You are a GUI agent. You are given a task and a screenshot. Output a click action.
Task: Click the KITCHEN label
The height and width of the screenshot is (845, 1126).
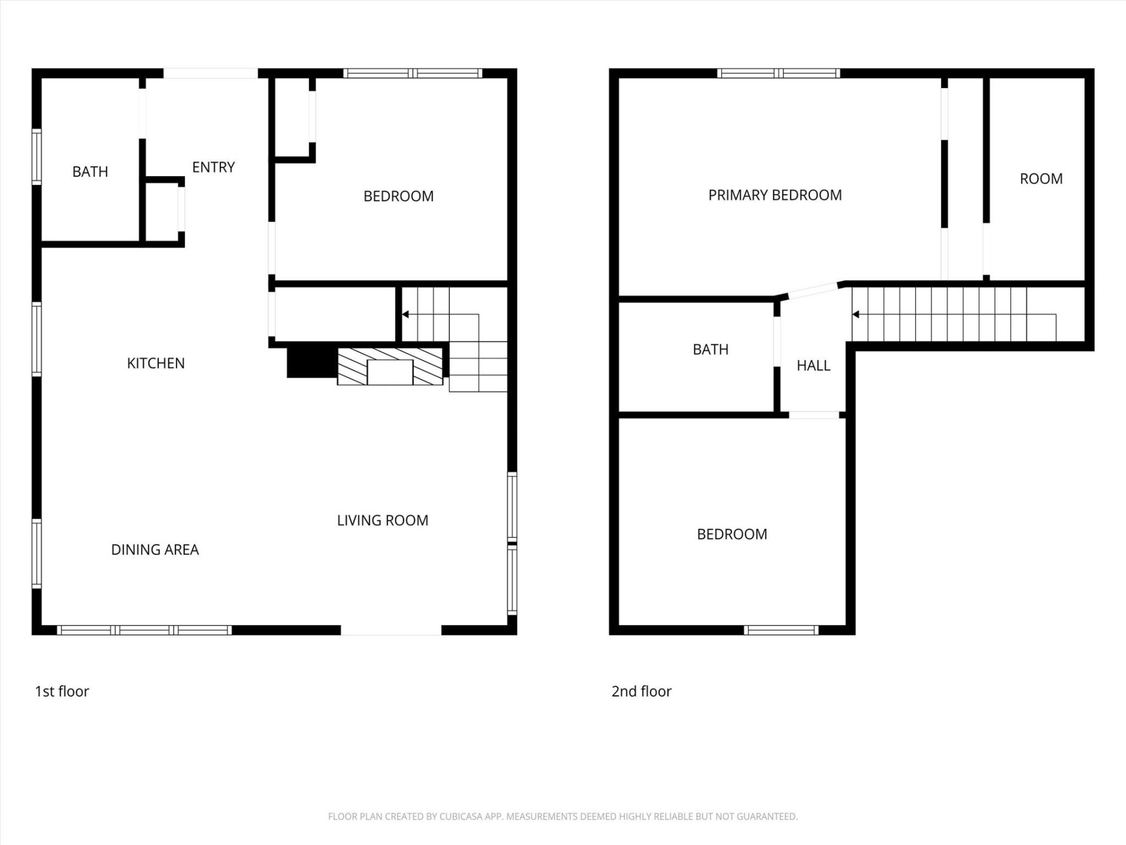[x=155, y=363]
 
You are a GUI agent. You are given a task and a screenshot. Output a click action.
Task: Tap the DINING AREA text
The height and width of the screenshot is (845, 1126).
[x=155, y=550]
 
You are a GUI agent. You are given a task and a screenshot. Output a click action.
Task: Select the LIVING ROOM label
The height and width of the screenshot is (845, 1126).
[x=382, y=520]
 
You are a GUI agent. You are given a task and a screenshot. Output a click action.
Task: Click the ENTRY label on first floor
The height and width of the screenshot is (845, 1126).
[x=213, y=167]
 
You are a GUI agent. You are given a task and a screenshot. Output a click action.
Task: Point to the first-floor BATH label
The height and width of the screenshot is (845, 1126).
[x=90, y=172]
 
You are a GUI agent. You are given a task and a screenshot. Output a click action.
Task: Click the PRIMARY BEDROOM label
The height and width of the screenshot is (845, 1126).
[x=775, y=195]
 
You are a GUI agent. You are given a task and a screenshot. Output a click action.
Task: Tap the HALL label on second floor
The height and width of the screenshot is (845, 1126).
[x=813, y=366]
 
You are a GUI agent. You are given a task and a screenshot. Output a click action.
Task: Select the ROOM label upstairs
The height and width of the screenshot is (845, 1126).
[x=1041, y=179]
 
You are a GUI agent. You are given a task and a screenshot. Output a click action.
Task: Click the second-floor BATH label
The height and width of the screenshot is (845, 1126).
[x=710, y=350]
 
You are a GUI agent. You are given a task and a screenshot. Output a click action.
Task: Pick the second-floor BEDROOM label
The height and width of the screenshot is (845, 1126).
[x=731, y=535]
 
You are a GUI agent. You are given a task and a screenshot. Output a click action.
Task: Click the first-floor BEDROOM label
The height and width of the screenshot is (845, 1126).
[x=398, y=197]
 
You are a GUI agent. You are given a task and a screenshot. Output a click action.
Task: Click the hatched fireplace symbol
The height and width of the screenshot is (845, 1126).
[x=389, y=367]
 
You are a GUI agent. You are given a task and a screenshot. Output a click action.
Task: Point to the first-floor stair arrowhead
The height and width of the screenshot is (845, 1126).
[x=405, y=315]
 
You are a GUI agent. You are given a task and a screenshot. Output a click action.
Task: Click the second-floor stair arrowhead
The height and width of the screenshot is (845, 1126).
[x=856, y=315]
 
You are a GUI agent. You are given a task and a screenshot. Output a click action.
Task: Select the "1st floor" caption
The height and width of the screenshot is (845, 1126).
[x=62, y=691]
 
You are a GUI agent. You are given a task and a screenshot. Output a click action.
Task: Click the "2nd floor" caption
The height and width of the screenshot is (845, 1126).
[x=641, y=691]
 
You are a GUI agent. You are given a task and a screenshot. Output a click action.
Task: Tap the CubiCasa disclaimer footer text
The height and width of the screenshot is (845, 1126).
[x=562, y=816]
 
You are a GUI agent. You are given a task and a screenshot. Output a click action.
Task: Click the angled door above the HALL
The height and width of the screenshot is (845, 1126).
[x=812, y=289]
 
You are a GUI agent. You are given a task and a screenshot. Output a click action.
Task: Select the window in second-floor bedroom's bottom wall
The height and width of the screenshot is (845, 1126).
[x=781, y=630]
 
